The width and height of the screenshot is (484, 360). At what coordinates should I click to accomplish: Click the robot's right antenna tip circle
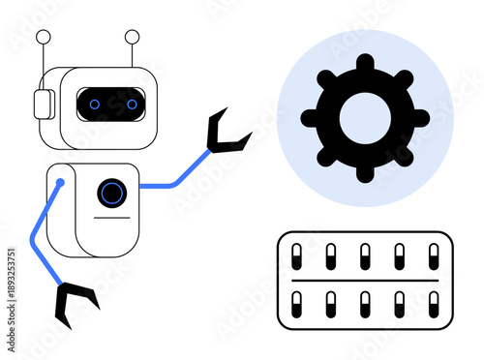(x=133, y=38)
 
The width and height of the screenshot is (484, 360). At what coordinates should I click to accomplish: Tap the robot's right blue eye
(x=129, y=104)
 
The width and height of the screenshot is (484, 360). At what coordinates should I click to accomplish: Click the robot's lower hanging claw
(x=75, y=303)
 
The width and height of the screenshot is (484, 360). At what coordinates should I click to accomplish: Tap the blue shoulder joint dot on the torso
(x=60, y=181)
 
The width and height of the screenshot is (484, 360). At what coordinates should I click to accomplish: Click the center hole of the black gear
(x=364, y=118)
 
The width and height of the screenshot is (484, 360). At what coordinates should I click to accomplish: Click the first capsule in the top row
(x=298, y=255)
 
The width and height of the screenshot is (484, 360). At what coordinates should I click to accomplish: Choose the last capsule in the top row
(x=432, y=255)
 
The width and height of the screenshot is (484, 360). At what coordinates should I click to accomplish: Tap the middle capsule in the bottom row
(x=365, y=304)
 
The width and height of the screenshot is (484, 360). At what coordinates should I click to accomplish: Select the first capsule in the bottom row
(x=298, y=304)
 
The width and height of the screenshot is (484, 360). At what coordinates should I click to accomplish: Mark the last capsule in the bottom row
(x=432, y=304)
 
